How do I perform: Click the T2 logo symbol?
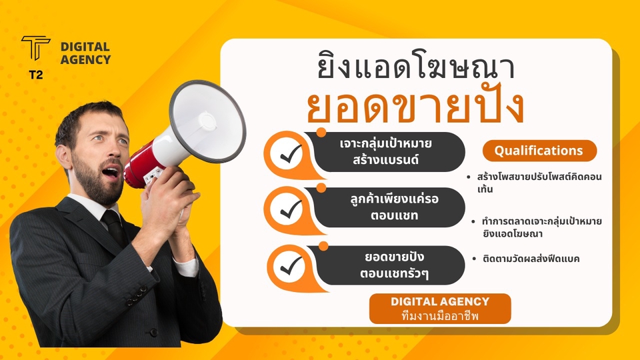pos(36,47)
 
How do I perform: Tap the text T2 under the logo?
pos(36,75)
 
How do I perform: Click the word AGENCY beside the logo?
pos(85,59)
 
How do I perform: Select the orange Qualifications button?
pos(539,151)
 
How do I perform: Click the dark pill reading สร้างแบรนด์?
pos(386,152)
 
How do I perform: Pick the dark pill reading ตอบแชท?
pos(386,207)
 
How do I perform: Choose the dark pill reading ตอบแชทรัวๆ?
pos(387,265)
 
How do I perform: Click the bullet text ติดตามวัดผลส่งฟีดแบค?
pos(531,259)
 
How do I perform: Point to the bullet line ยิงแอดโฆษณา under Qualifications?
pos(512,234)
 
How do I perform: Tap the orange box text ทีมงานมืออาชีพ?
pos(440,316)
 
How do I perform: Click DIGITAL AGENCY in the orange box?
pos(440,301)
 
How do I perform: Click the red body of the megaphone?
pos(139,167)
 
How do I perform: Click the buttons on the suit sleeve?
pos(137,295)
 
